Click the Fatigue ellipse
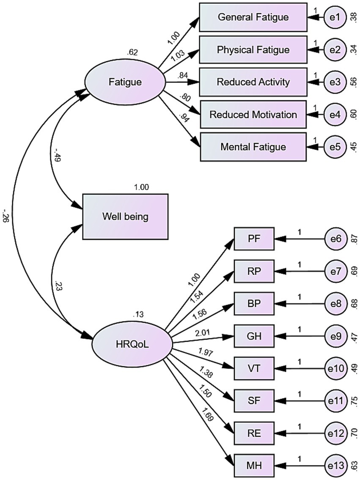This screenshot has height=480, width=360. pyautogui.click(x=125, y=82)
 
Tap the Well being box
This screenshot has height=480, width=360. pyautogui.click(x=125, y=217)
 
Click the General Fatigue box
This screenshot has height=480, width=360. pyautogui.click(x=253, y=17)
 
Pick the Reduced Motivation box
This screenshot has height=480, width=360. pyautogui.click(x=253, y=115)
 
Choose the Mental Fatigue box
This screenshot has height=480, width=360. pyautogui.click(x=253, y=147)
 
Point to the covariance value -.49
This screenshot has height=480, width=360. pyautogui.click(x=55, y=155)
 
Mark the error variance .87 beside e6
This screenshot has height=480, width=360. pyautogui.click(x=354, y=239)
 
